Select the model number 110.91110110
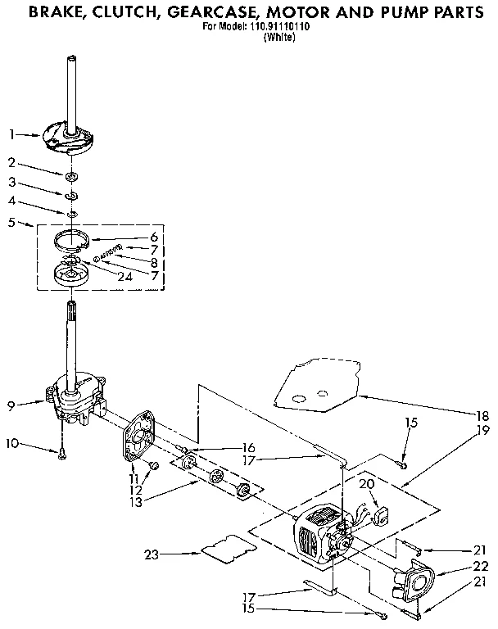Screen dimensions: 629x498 pyautogui.click(x=268, y=26)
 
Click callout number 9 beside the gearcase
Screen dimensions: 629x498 pyautogui.click(x=11, y=403)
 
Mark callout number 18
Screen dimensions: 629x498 pyautogui.click(x=483, y=415)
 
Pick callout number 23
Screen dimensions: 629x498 pyautogui.click(x=151, y=554)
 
